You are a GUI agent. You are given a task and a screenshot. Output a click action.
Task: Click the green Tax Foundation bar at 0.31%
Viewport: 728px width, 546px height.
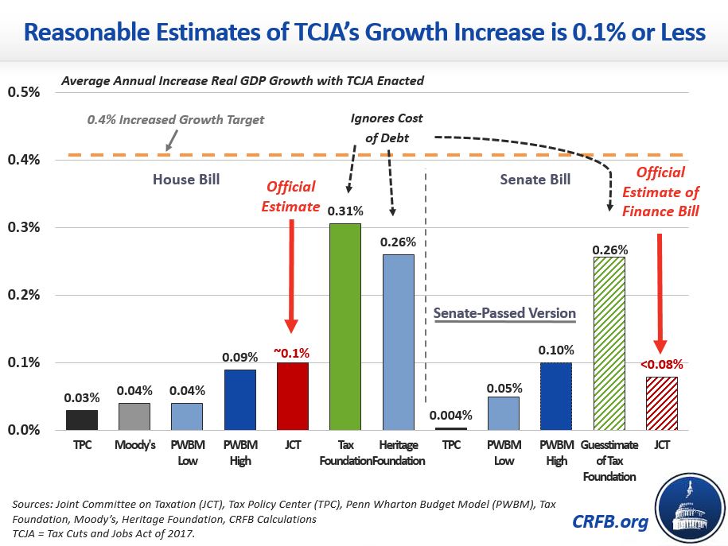[x=345, y=326]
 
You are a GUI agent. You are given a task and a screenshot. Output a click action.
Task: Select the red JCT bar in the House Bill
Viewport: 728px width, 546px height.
[x=292, y=396]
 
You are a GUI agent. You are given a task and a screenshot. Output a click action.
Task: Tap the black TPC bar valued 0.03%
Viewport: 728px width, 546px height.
[x=81, y=419]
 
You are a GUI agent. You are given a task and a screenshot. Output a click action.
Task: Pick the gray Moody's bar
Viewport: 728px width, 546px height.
[x=134, y=416]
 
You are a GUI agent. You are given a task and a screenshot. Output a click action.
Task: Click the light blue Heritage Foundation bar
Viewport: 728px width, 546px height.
[x=397, y=342]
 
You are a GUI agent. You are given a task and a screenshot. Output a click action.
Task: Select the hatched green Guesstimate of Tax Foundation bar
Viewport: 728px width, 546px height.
[x=608, y=343]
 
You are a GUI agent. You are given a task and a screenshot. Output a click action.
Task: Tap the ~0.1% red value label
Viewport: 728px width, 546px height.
[x=292, y=352]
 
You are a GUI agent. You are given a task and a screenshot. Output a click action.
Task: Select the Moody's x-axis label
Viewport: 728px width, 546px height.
[x=134, y=446]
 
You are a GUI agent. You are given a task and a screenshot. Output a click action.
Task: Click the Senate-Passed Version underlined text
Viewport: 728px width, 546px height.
[x=504, y=312]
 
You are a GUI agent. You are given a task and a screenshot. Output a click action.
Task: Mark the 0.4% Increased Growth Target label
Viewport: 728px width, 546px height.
[x=175, y=120]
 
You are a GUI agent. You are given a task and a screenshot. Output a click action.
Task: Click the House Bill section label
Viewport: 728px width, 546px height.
[x=186, y=180]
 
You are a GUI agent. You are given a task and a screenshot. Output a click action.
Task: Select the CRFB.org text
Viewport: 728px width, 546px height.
[x=609, y=521]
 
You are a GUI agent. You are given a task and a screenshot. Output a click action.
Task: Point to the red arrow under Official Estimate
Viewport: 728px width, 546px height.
[x=292, y=275]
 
